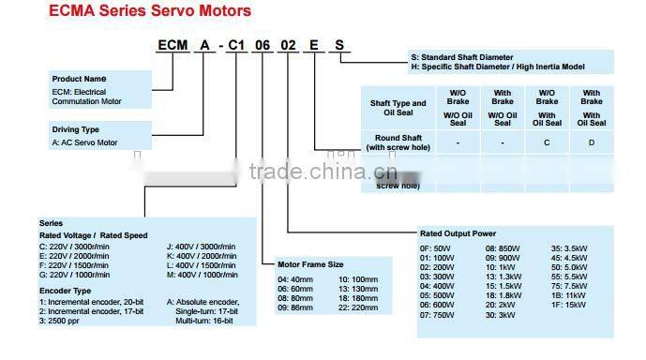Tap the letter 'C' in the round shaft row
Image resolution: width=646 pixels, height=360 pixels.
547,142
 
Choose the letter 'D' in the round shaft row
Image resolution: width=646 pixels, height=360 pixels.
591,142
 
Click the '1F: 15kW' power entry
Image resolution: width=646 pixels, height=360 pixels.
570,305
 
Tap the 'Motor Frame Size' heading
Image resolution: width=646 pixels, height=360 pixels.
310,264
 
